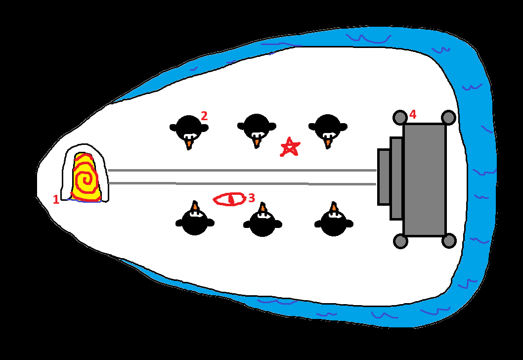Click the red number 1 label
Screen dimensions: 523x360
[x=56, y=199]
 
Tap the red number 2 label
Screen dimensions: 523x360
[x=204, y=116]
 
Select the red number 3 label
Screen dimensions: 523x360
[x=252, y=198]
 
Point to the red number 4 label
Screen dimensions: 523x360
[x=413, y=114]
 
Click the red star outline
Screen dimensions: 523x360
[x=290, y=147]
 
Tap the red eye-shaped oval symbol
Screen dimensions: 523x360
[x=229, y=199]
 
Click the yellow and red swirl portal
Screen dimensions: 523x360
[x=86, y=177]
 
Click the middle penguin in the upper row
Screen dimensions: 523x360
[x=257, y=130]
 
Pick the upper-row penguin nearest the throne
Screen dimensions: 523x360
[x=328, y=131]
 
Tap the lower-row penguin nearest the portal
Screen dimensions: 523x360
[x=195, y=219]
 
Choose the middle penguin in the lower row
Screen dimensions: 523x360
[x=263, y=220]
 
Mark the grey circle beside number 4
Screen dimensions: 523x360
[x=400, y=117]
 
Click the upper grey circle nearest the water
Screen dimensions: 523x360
[x=448, y=117]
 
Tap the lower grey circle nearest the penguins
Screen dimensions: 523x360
[x=400, y=241]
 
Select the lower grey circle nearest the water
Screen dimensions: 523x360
[x=449, y=241]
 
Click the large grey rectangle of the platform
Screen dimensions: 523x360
[x=425, y=180]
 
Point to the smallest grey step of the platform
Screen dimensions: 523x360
[x=384, y=177]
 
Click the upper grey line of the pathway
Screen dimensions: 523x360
[x=242, y=171]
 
